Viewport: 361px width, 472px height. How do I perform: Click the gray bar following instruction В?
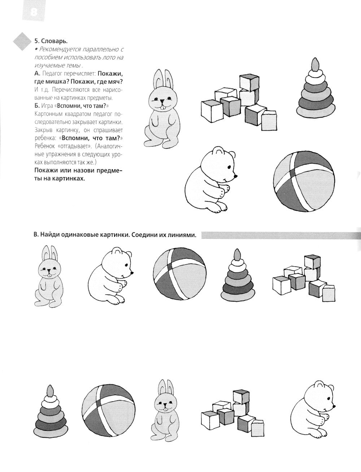(x=278, y=235)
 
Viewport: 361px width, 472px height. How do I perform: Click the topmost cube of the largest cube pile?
(x=249, y=82)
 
